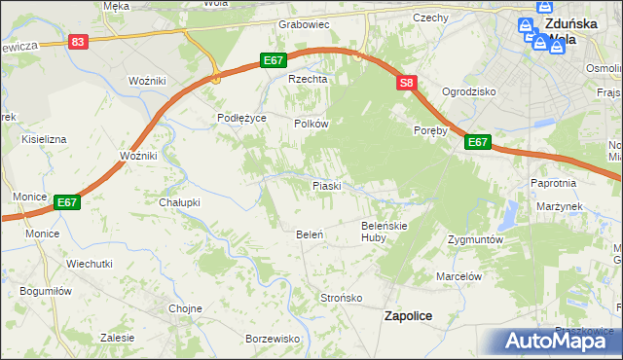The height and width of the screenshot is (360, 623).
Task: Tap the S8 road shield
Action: (x=407, y=85)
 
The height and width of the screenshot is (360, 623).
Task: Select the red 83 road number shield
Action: (x=79, y=42)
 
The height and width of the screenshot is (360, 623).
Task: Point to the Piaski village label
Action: (x=325, y=185)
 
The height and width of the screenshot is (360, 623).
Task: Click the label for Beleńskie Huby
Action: (x=383, y=231)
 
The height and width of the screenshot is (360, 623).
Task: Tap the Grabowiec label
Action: (x=304, y=23)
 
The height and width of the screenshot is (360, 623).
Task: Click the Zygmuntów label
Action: (x=474, y=238)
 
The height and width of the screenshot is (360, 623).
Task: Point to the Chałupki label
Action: (x=179, y=202)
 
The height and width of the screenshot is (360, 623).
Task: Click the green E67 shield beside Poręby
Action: (x=477, y=142)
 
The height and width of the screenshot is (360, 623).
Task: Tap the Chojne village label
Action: (x=185, y=308)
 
